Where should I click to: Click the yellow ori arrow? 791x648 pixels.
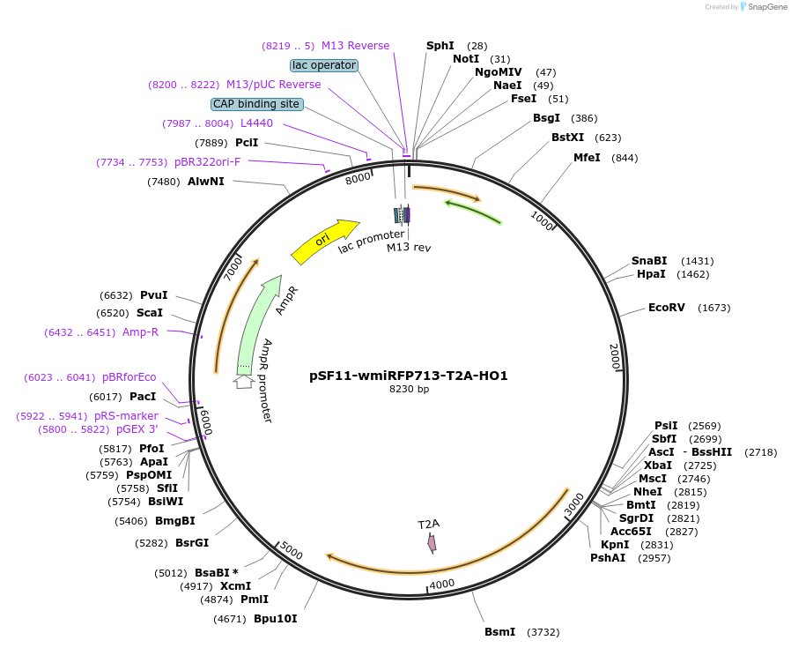coord(324,240)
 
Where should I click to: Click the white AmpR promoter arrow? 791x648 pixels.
coord(243,381)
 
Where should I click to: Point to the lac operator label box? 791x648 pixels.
coord(324,65)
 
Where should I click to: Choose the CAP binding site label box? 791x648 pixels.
coord(256,104)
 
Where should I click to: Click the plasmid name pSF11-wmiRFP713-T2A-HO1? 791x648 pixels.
coord(409,375)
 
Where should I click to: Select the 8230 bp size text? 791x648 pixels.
coord(409,389)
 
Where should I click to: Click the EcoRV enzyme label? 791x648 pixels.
coord(666,308)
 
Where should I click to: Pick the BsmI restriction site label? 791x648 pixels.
coord(500,632)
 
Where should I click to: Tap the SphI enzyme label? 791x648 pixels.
coord(440,46)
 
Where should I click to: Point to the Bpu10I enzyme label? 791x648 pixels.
coord(276,619)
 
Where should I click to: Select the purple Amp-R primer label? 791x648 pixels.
coord(141,332)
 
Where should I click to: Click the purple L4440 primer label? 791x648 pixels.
coord(256,123)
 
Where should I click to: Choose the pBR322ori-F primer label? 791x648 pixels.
coord(207,162)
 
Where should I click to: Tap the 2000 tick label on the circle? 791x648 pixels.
coord(615,357)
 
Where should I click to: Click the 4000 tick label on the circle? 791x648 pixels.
coord(441,584)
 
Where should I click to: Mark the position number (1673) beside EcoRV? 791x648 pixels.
coord(713,308)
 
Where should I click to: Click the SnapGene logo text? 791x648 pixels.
coord(765,7)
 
